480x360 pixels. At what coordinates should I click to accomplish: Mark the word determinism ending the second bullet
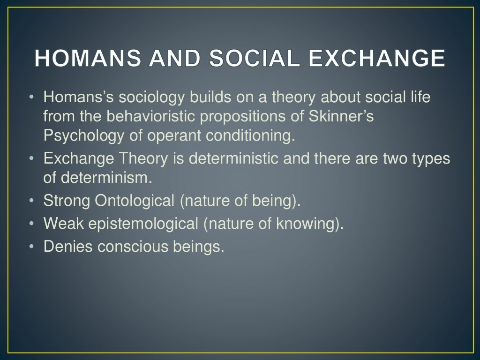point(108,178)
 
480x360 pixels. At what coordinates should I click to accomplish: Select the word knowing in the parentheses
point(307,224)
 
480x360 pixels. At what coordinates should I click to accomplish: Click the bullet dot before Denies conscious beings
point(31,247)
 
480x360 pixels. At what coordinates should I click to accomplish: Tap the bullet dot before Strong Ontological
point(31,201)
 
